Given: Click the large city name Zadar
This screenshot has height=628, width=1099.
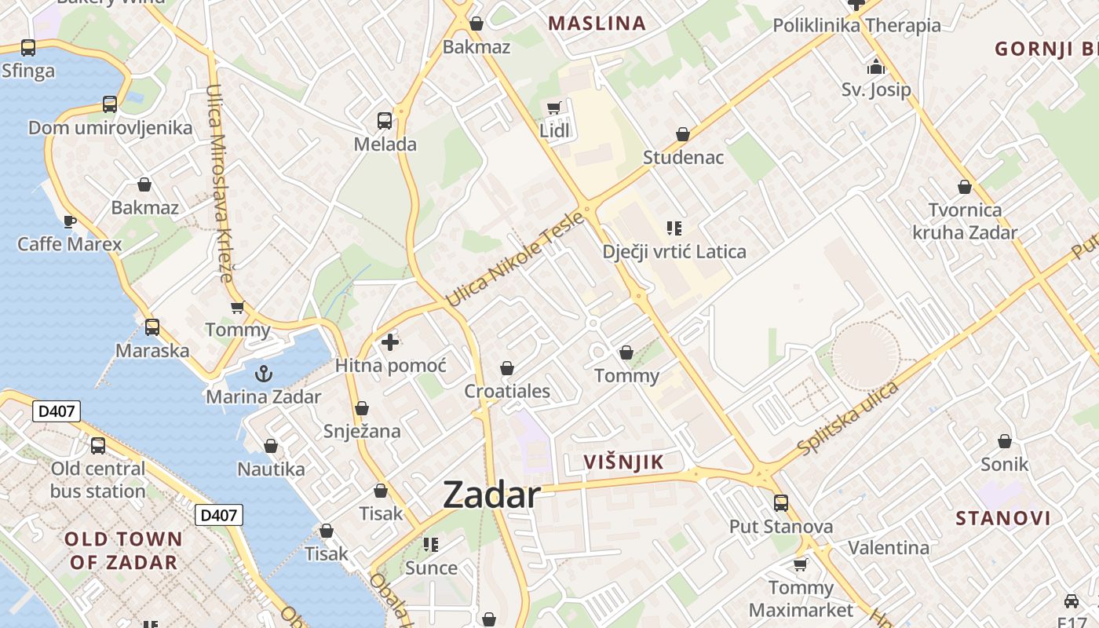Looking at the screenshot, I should tap(491, 495).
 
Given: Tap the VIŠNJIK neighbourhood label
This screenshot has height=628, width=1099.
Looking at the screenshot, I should tap(624, 462).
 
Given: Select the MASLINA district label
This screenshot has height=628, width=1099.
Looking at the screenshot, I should tap(597, 24).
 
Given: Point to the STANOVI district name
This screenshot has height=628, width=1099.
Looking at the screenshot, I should tap(1003, 518).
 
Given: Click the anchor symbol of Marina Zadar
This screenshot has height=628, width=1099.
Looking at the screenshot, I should tap(264, 373).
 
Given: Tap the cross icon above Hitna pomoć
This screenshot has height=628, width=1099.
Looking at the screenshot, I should tap(390, 342).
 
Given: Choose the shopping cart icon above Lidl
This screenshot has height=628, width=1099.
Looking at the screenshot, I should tap(554, 108).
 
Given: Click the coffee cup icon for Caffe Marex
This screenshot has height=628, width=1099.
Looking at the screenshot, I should tap(69, 221).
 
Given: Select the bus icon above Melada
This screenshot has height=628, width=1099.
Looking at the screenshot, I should tap(385, 121).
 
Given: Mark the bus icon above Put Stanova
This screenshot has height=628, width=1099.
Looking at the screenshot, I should tap(780, 502).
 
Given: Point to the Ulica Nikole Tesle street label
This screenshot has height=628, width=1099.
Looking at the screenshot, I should tap(515, 260).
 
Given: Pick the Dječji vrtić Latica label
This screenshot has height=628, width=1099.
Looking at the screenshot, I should tap(674, 252).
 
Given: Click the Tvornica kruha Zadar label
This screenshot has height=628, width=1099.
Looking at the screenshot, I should tap(965, 221).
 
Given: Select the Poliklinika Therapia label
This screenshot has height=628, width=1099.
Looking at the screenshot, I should tap(856, 25).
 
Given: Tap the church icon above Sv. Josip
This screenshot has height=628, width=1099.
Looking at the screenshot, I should tap(876, 67).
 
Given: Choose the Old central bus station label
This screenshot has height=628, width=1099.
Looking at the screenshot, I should tap(98, 480).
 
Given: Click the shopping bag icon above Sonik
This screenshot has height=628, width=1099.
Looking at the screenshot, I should tap(1004, 441).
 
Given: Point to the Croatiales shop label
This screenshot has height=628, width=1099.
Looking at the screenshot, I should tap(507, 391).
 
